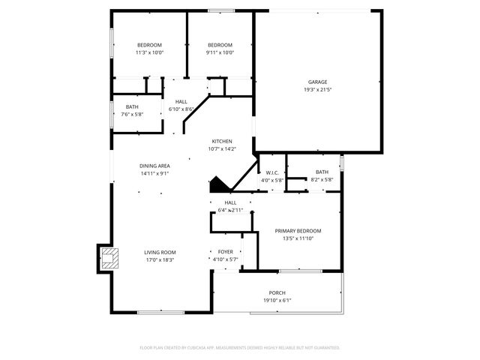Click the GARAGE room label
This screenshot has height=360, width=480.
(x=317, y=82)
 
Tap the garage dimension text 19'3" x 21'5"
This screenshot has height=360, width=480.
(x=317, y=90)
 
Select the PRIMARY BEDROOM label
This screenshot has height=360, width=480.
(x=298, y=230)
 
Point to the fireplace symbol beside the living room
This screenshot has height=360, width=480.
(x=109, y=259)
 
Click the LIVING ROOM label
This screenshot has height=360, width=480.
(x=160, y=252)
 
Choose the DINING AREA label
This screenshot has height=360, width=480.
(x=154, y=166)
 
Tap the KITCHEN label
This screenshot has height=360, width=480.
(x=222, y=141)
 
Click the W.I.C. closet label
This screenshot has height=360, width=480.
(x=272, y=172)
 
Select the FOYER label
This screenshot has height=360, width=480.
(x=225, y=252)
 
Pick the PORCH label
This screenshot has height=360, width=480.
(x=277, y=292)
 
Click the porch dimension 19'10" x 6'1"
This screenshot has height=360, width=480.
(x=277, y=301)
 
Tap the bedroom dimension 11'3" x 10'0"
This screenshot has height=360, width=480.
(x=149, y=52)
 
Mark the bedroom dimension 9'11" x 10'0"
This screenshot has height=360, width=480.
(x=220, y=52)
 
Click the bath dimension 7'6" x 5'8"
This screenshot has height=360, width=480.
(x=132, y=115)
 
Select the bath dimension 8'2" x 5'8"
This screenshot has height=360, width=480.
(x=322, y=180)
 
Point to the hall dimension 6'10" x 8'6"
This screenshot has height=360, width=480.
(x=181, y=109)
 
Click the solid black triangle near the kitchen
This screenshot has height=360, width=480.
(x=217, y=184)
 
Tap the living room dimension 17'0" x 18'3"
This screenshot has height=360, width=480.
(x=160, y=260)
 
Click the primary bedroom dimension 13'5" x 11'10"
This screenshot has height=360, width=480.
(x=298, y=238)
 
